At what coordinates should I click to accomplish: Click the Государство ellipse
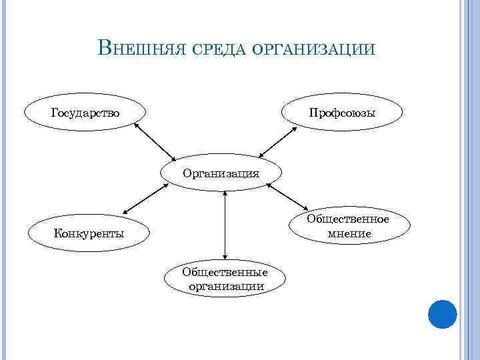[x=85, y=112]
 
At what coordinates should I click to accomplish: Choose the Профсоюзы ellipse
[x=342, y=112]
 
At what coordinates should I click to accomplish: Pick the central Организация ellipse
[x=222, y=173]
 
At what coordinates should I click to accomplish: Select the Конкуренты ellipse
[x=89, y=233]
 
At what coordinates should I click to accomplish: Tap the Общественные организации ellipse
[x=225, y=279]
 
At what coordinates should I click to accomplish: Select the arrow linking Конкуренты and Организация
[x=145, y=198]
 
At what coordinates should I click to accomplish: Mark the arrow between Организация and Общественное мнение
[x=287, y=197]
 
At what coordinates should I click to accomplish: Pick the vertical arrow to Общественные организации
[x=226, y=225]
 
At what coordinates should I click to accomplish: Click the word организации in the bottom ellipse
[x=225, y=286]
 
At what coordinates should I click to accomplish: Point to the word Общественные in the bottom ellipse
[x=225, y=272]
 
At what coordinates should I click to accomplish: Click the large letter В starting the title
[x=105, y=47]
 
